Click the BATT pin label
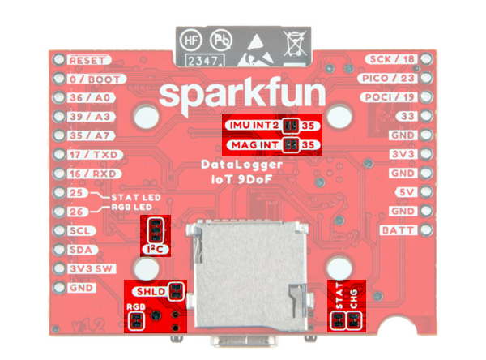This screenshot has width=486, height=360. click(397, 229)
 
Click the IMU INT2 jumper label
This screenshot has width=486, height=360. click(252, 126)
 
